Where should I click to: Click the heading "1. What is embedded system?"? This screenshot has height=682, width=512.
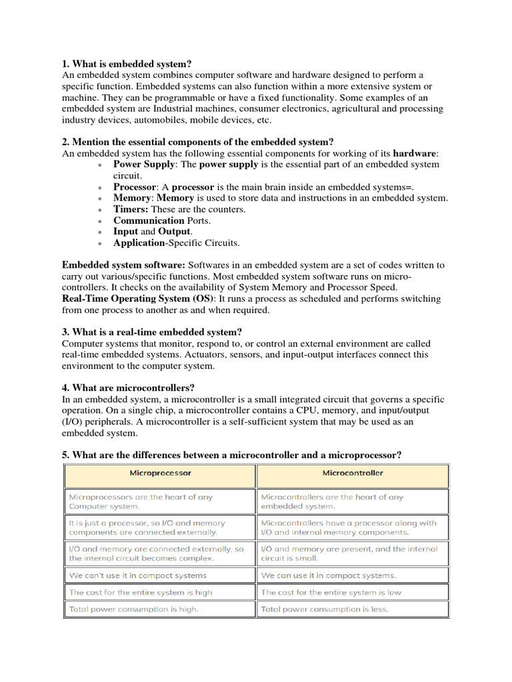pyautogui.click(x=127, y=64)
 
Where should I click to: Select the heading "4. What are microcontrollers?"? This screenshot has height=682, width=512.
pyautogui.click(x=128, y=388)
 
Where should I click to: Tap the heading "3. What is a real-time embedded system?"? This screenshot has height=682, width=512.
pyautogui.click(x=152, y=332)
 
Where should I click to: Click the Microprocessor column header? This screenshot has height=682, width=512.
pyautogui.click(x=160, y=473)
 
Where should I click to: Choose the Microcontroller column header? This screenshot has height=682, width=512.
pyautogui.click(x=353, y=473)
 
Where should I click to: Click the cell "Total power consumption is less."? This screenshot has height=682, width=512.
pyautogui.click(x=325, y=609)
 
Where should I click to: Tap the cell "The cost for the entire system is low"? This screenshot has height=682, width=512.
pyautogui.click(x=331, y=592)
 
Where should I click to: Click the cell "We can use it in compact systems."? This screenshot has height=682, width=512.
pyautogui.click(x=329, y=575)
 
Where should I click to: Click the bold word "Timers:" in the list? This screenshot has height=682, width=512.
pyautogui.click(x=131, y=209)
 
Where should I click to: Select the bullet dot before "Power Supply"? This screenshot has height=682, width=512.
pyautogui.click(x=99, y=165)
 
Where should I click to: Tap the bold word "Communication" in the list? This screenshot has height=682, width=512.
pyautogui.click(x=149, y=220)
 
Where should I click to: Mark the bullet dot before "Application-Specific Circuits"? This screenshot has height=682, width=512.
pyautogui.click(x=99, y=244)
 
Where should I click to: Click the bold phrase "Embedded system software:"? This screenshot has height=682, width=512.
pyautogui.click(x=123, y=265)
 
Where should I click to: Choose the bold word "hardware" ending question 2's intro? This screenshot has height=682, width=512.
pyautogui.click(x=415, y=153)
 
